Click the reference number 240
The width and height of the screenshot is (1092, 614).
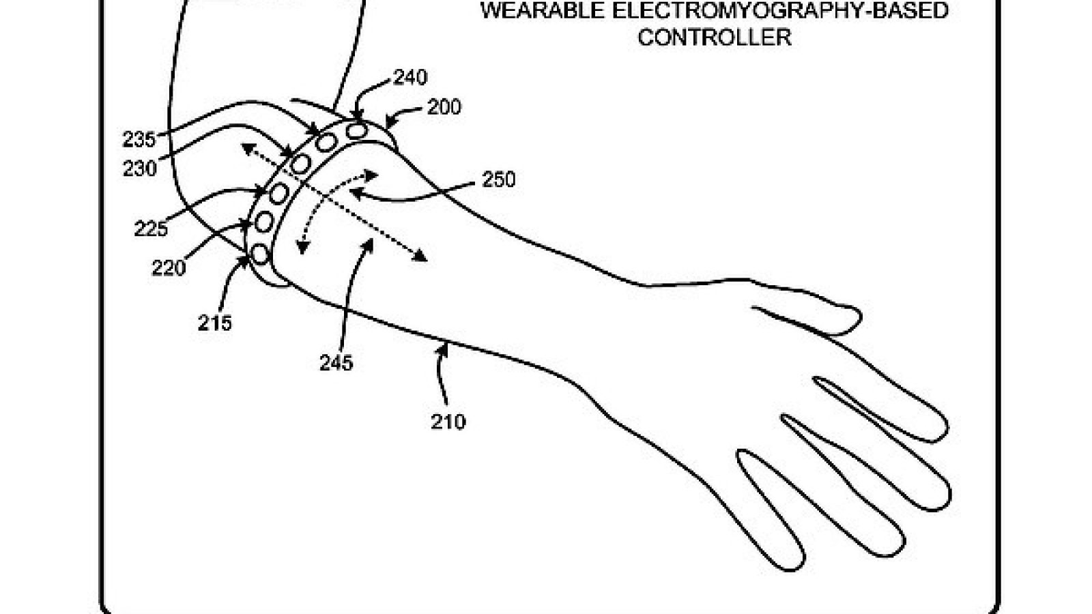[x=410, y=78]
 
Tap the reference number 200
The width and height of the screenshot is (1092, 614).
[x=444, y=107]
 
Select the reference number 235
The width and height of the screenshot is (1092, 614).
[x=139, y=141]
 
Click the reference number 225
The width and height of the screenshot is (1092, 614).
[x=151, y=229]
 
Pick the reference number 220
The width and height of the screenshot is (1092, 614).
[x=169, y=268]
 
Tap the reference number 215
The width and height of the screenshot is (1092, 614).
[x=215, y=323]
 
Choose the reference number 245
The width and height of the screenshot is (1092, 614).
[x=336, y=362]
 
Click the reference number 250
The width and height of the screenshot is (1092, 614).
[x=499, y=179]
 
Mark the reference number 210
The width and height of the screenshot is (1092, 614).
[x=448, y=422]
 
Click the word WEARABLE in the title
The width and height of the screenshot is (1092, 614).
[x=543, y=11]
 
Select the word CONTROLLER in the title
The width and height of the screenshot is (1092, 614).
[x=714, y=38]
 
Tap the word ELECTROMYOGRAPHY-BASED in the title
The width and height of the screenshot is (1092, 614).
[x=780, y=11]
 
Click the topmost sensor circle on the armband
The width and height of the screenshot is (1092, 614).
[x=357, y=130]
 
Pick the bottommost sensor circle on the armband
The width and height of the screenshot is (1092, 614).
[x=260, y=254]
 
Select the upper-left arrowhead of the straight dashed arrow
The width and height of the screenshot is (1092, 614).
[x=248, y=148]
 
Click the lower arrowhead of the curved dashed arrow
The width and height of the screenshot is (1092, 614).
[x=302, y=248]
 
